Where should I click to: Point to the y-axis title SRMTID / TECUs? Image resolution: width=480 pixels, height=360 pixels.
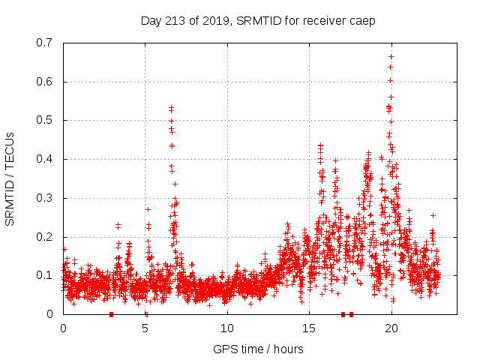[10, 178]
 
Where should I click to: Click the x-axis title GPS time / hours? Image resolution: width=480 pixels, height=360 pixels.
[258, 349]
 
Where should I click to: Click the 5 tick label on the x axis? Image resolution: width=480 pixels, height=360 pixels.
[145, 328]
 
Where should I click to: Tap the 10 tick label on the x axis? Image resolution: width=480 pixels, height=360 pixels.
[227, 328]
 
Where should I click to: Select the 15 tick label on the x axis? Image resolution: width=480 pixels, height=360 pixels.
[309, 328]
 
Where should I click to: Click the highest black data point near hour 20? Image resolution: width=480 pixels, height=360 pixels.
[391, 56]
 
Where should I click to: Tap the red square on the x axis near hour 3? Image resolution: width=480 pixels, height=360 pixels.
[111, 313]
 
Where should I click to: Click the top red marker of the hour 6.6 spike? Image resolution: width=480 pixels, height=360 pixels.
[171, 108]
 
